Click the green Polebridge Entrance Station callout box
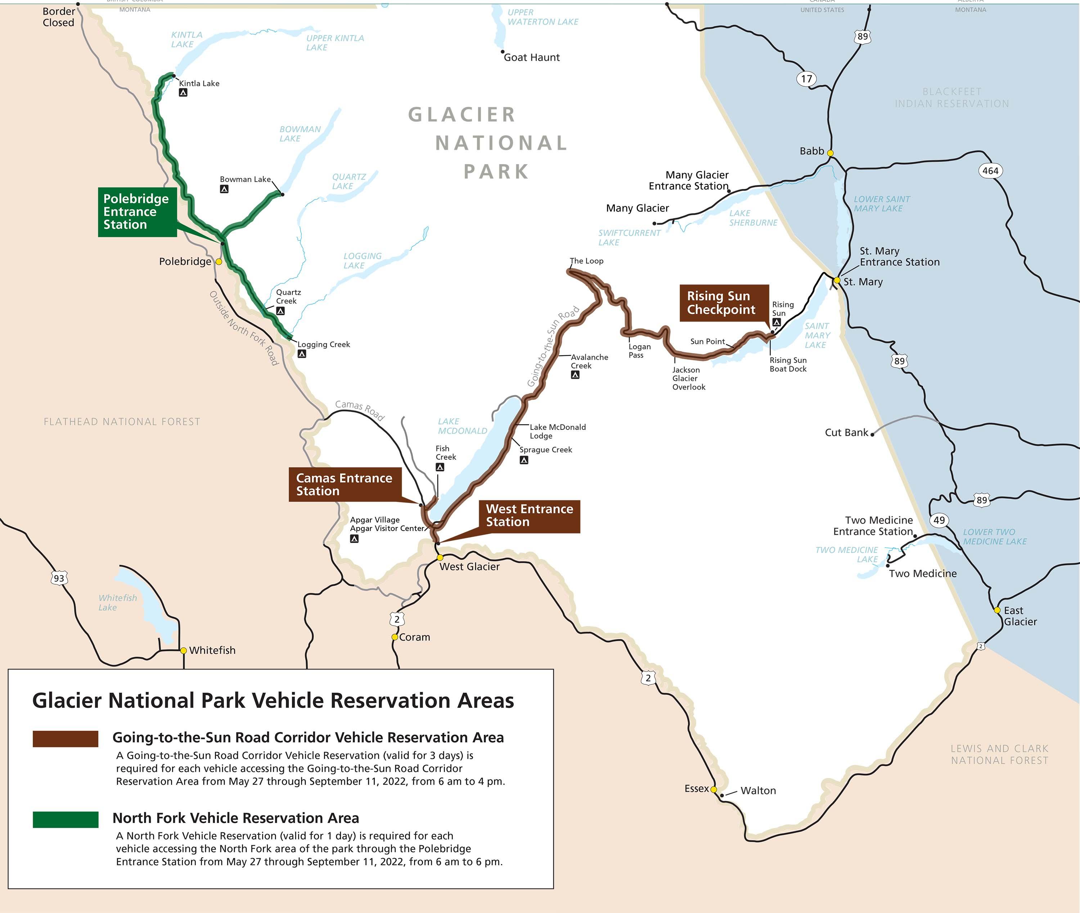[x=137, y=212]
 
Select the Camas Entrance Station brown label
[x=343, y=485]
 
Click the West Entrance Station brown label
[x=529, y=516]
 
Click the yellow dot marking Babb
[x=830, y=153]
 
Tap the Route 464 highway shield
[x=990, y=171]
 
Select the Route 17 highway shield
[x=806, y=79]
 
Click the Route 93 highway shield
[x=59, y=578]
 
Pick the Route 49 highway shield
[x=939, y=520]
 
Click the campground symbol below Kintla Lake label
[x=183, y=93]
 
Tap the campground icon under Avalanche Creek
[x=575, y=375]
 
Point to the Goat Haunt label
[x=531, y=58]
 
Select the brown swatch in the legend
[x=65, y=739]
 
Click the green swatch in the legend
[x=65, y=819]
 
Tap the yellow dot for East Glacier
[x=997, y=610]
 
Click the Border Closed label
[x=58, y=17]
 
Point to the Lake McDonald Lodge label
[x=557, y=431]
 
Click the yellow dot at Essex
[x=713, y=789]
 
